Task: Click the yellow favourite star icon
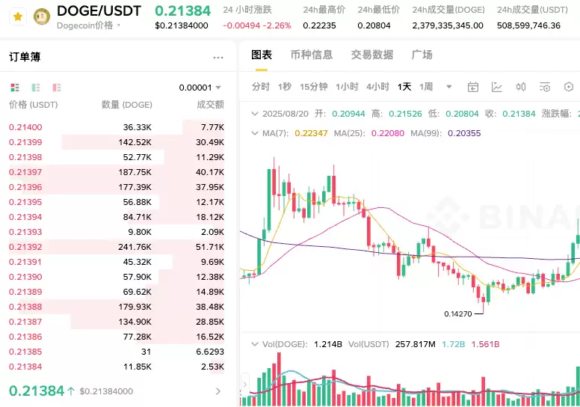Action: tap(17, 16)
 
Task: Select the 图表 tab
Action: tap(262, 55)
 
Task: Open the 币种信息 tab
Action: tap(311, 55)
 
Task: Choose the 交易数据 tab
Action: tap(372, 55)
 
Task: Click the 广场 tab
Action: tap(422, 55)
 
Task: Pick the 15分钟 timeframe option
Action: tap(314, 87)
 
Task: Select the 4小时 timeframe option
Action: tap(377, 87)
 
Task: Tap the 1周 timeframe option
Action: tap(426, 87)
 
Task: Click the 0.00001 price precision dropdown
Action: tap(200, 88)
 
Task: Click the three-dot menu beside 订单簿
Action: tap(218, 58)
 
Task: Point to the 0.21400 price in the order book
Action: tap(25, 128)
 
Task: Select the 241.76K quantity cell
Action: tap(135, 247)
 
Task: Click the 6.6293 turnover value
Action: tap(209, 352)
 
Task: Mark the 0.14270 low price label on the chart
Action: tap(457, 314)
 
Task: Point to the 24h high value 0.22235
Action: tap(319, 25)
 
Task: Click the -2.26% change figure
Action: tap(278, 25)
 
